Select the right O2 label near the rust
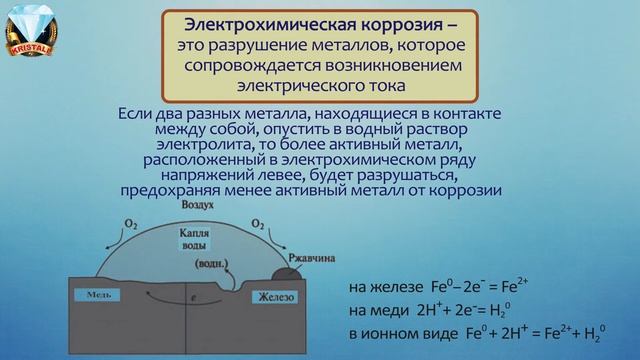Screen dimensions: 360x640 tap(258, 223)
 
